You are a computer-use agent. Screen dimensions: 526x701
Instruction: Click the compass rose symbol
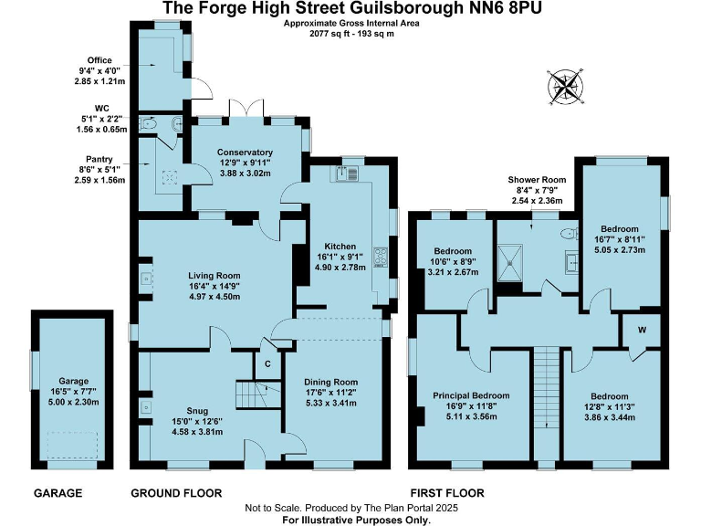tap(566, 88)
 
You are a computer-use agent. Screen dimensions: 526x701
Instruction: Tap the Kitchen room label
tap(340, 246)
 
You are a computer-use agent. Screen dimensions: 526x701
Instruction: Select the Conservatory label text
tap(245, 153)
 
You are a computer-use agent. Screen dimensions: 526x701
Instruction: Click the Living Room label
tap(214, 275)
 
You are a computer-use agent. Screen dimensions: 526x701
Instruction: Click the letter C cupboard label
tap(267, 363)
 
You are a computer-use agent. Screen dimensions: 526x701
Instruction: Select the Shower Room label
tap(538, 180)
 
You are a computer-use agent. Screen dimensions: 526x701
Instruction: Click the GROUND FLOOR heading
tap(176, 493)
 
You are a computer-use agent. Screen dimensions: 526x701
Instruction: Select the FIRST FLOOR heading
tap(447, 493)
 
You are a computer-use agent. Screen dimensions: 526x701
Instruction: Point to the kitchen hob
tap(381, 258)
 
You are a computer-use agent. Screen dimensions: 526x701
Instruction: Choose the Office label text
tap(99, 60)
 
